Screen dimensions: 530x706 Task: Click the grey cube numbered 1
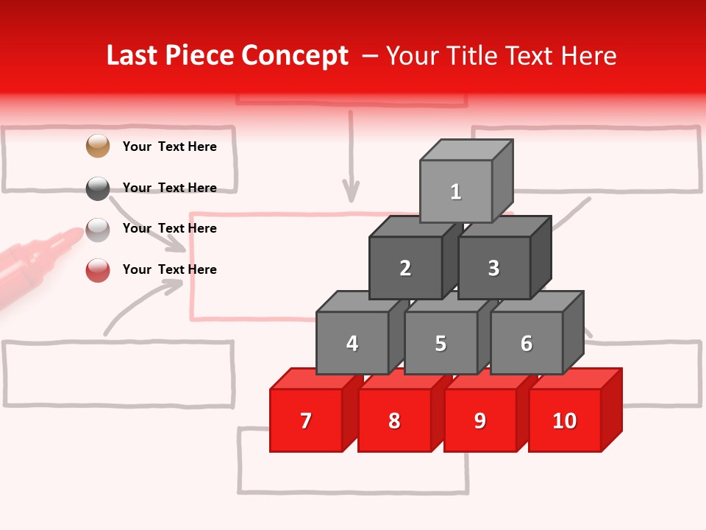click(456, 191)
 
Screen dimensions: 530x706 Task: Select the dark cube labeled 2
click(405, 268)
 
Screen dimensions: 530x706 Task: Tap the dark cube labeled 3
click(493, 268)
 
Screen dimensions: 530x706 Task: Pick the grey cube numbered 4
click(352, 343)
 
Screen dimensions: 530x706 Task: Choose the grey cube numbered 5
click(441, 343)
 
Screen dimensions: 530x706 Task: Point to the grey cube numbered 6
click(527, 343)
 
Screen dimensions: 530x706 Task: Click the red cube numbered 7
click(306, 420)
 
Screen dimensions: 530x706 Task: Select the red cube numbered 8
click(394, 420)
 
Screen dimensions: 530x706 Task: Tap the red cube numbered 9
click(480, 420)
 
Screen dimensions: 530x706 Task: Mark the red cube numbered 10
click(565, 420)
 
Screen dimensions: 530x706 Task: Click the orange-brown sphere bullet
click(98, 146)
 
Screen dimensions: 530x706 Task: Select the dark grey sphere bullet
click(98, 188)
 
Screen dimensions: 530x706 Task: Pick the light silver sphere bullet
click(98, 230)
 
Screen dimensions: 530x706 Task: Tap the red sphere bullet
click(98, 270)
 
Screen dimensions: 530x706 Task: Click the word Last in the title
click(133, 56)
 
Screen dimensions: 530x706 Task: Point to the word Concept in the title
click(295, 56)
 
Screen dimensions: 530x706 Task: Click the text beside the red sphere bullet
click(170, 269)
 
